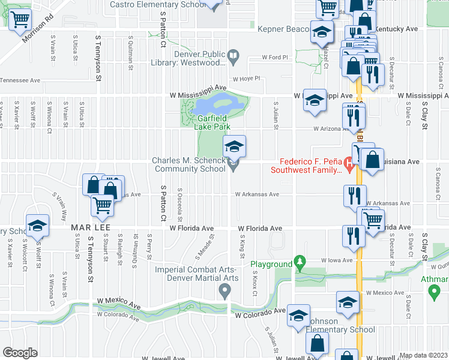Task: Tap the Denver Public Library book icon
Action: (x=234, y=58)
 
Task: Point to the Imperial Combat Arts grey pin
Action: (x=225, y=292)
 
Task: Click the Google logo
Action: (x=19, y=353)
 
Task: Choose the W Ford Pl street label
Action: (x=275, y=58)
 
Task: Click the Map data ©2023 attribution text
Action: (x=423, y=355)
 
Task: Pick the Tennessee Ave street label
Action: (x=20, y=80)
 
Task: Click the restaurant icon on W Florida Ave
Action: (x=352, y=236)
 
